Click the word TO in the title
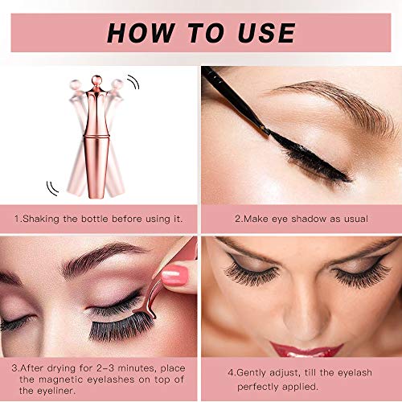(x=202, y=33)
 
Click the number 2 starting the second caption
(x=236, y=218)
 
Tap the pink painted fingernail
(x=174, y=277)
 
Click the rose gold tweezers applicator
(x=173, y=306)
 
